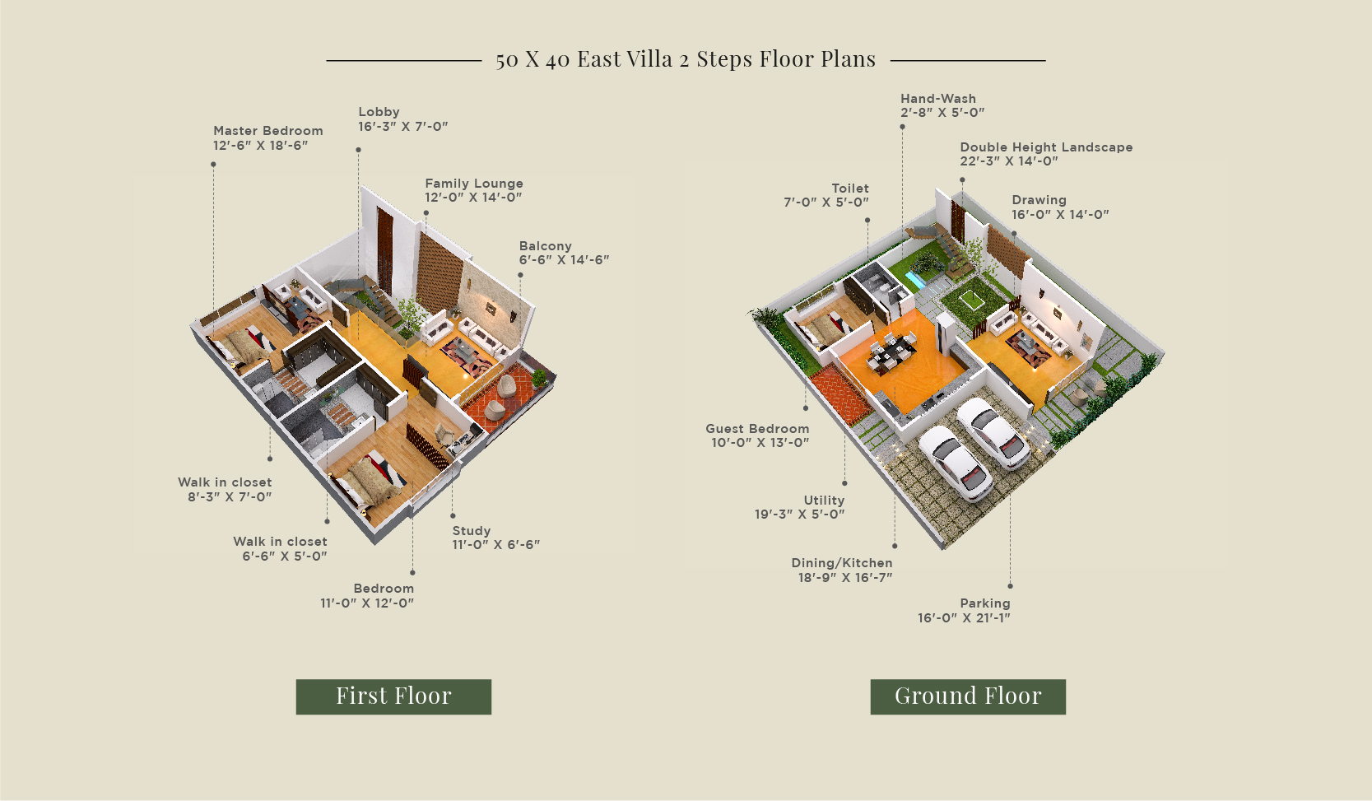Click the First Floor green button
[x=393, y=696]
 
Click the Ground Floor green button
[x=968, y=696]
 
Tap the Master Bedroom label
[x=267, y=131]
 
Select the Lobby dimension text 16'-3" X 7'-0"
[x=403, y=126]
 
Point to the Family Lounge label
[x=474, y=184]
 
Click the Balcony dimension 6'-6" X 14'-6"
[x=564, y=260]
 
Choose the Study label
[x=472, y=531]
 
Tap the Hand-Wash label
[x=937, y=99]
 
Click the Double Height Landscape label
[x=1046, y=147]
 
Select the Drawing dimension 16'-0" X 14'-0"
[x=1060, y=215]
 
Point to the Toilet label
[x=850, y=189]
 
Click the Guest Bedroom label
[x=757, y=428]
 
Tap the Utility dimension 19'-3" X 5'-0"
[x=799, y=515]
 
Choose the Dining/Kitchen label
[x=842, y=562]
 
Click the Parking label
[x=985, y=603]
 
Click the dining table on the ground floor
[x=891, y=352]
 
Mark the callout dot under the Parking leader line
[x=1010, y=586]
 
